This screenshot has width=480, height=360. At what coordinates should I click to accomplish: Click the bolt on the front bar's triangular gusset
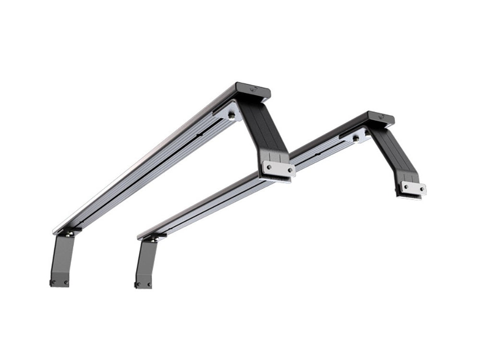232,115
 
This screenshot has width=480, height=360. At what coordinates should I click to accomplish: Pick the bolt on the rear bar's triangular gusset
356,138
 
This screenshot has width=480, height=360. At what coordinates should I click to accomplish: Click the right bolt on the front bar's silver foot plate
289,170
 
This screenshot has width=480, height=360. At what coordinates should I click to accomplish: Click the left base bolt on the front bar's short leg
54,282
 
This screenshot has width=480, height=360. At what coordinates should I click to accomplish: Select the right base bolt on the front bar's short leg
65,282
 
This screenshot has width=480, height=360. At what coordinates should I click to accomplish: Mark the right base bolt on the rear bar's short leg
149,285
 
